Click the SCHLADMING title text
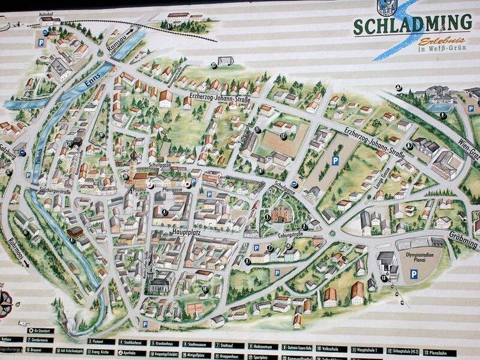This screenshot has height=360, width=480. (412, 25)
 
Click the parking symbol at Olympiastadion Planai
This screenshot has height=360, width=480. (413, 274)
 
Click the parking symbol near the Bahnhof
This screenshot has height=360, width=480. (41, 43)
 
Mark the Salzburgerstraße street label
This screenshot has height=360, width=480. (55, 190)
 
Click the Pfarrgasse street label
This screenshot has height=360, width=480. (172, 188)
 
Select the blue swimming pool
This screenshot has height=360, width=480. (440, 108)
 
